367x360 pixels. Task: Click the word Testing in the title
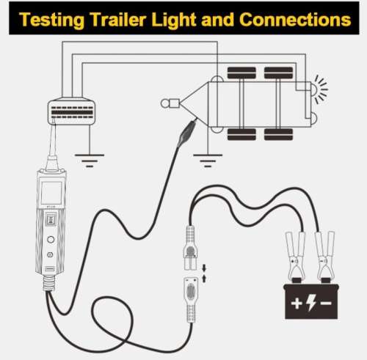coord(51,20)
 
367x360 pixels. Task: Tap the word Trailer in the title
coord(118,19)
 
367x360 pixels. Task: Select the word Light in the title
coord(174,20)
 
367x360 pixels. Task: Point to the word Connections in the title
coord(295,19)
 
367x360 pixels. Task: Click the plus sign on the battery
coord(297,304)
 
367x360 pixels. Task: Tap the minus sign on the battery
coord(326,304)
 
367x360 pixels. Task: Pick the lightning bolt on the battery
coord(311,303)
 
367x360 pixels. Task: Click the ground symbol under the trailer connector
coord(90,161)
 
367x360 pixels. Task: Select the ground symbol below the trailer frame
coord(208,161)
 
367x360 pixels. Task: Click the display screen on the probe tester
coord(51,193)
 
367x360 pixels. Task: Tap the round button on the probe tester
coord(51,239)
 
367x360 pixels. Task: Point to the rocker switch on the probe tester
coord(51,219)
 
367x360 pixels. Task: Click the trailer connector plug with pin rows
coord(71,111)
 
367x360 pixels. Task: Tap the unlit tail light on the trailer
coord(314,119)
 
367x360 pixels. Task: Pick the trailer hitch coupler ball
coord(164,103)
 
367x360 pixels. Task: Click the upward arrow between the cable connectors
coord(204,279)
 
